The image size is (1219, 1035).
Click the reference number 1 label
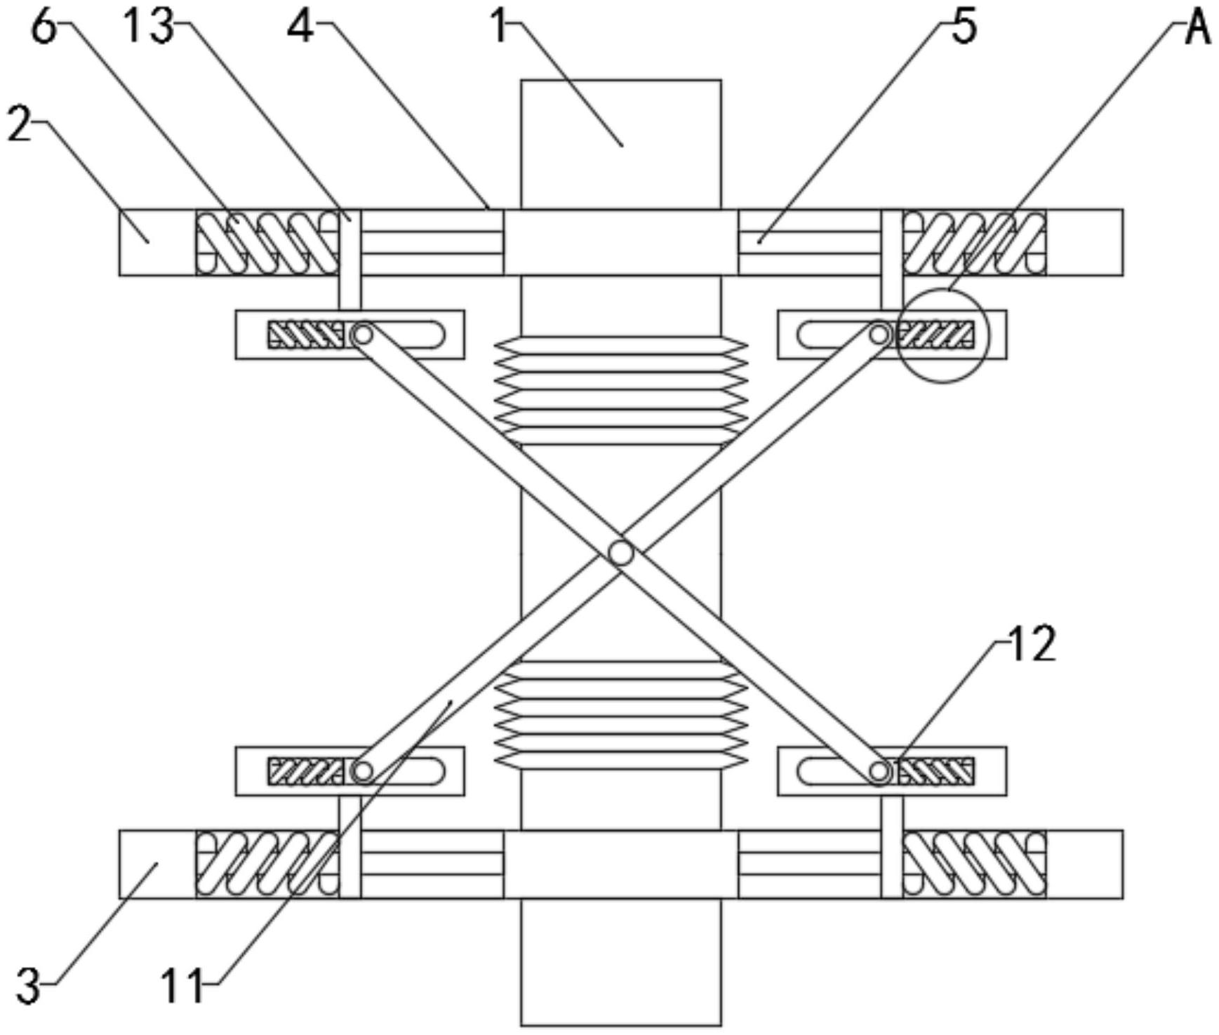coord(499,28)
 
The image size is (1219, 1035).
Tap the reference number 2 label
coord(20,126)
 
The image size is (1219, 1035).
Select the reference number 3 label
coord(28,986)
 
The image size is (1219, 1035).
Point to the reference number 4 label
coord(301,28)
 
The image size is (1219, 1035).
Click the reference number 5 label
coord(964,28)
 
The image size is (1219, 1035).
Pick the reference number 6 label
coord(44,28)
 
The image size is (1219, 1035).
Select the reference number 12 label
coord(1030,644)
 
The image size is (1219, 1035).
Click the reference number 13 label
coord(147,28)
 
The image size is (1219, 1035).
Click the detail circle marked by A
coord(942,335)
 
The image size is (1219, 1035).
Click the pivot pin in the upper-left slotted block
coord(362,335)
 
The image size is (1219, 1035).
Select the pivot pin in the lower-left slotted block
coord(362,772)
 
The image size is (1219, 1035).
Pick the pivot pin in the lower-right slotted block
coord(879,772)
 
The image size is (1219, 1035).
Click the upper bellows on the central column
coord(620,389)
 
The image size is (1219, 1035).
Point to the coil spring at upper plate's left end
coord(267,242)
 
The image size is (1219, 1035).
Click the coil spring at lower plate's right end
coord(974,864)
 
